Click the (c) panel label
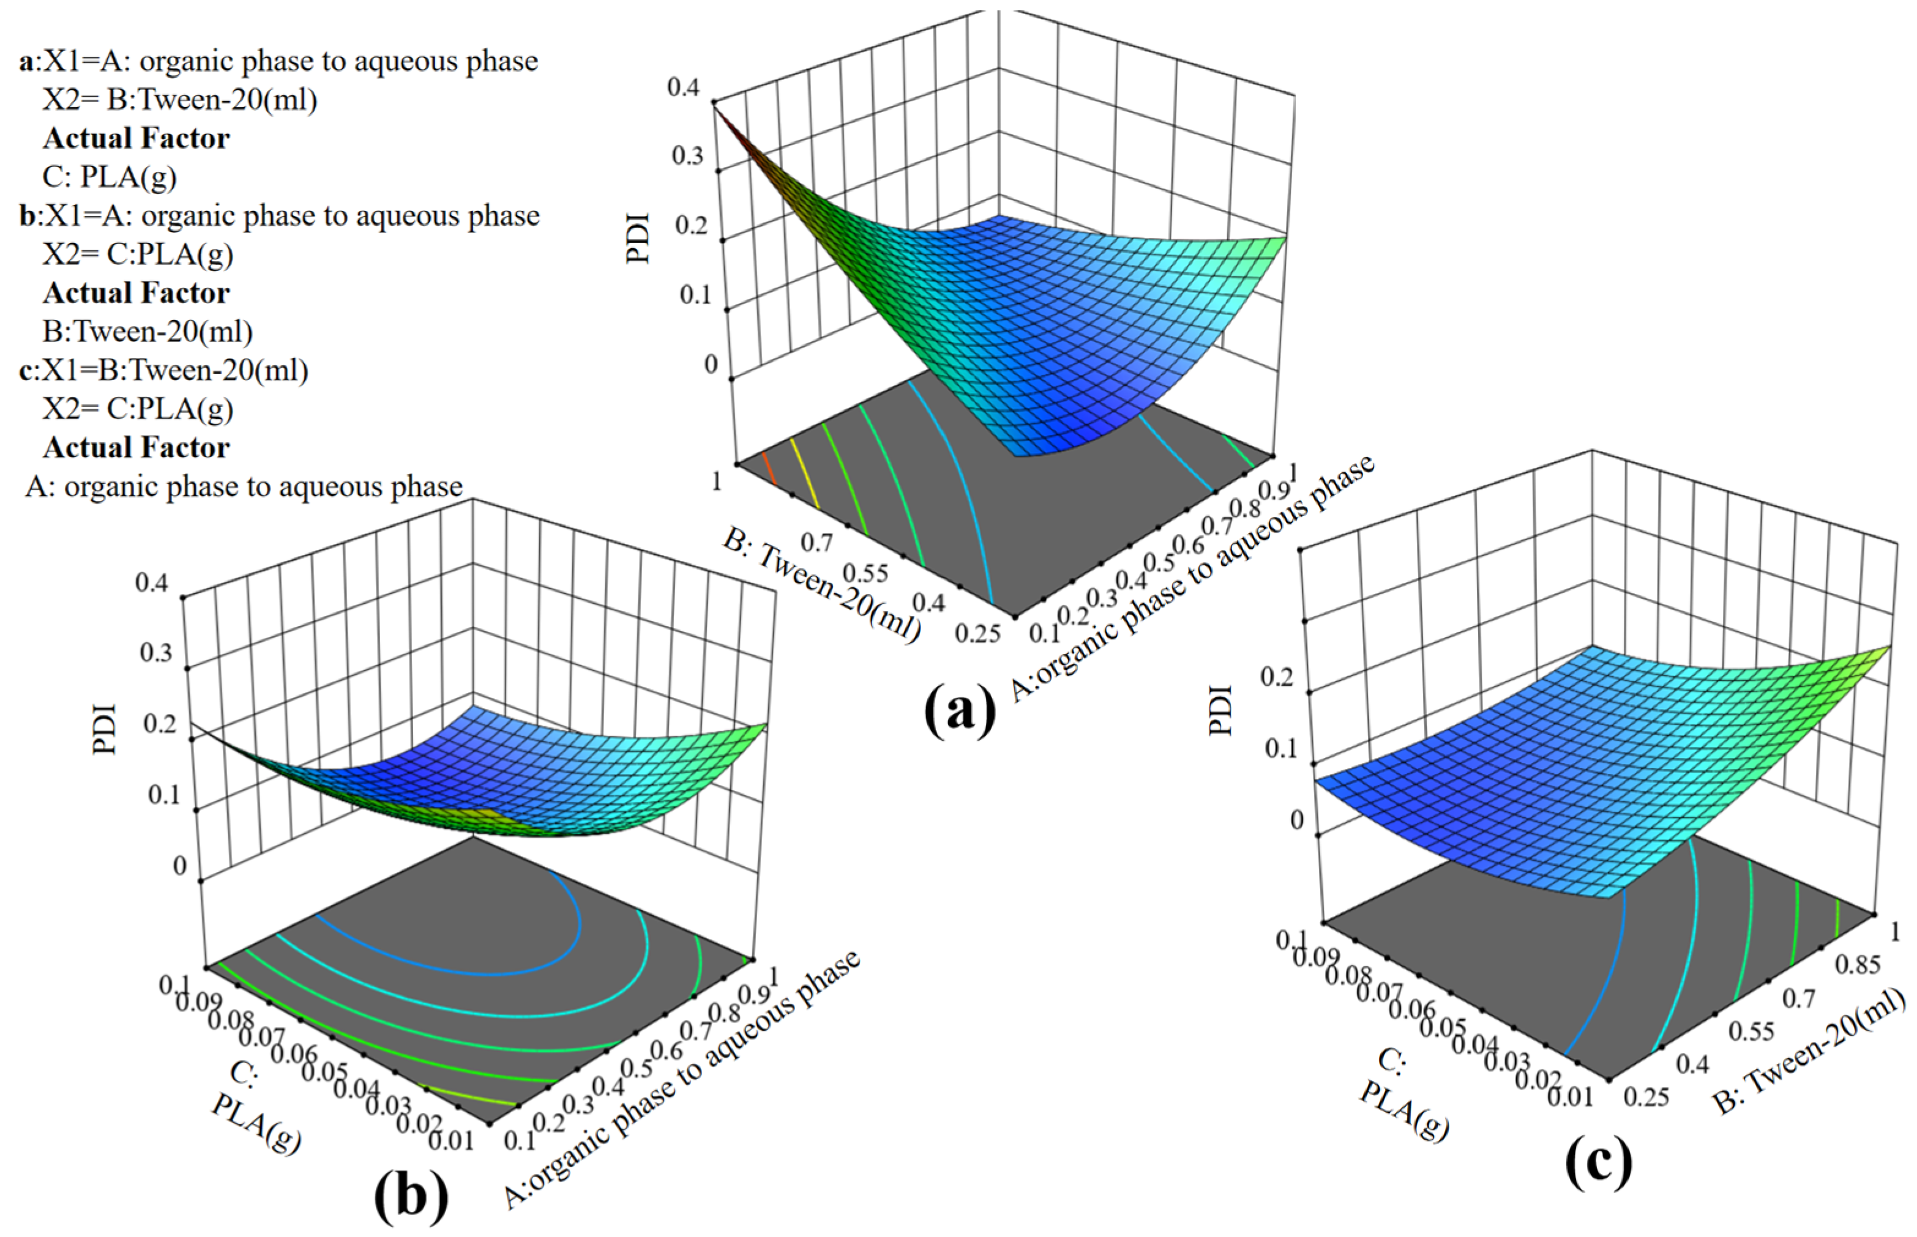point(1598,1162)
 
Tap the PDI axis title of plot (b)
point(105,729)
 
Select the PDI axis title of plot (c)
point(1220,709)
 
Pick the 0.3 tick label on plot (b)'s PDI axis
point(156,652)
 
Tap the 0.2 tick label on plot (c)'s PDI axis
point(1276,677)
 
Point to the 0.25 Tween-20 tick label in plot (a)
point(977,633)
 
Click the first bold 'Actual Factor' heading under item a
point(136,138)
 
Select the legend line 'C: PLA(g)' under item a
point(110,177)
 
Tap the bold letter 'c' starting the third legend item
point(26,370)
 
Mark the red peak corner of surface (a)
point(715,105)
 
